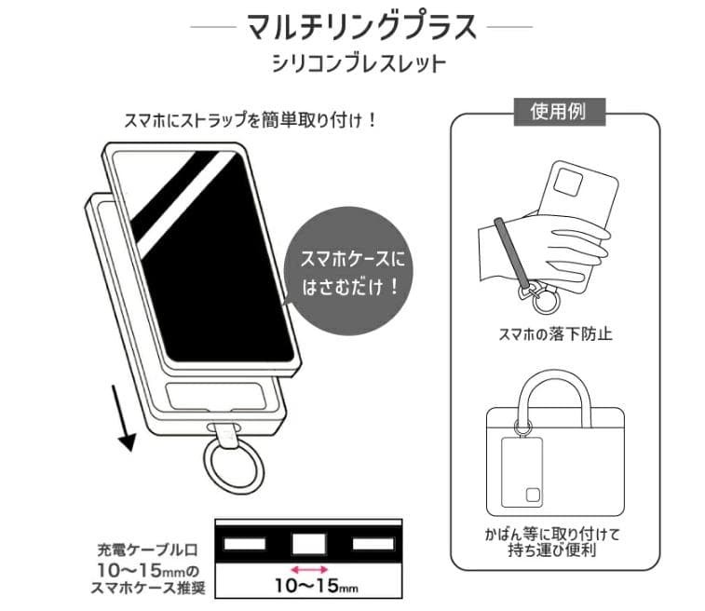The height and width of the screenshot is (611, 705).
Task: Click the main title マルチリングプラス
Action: (361, 26)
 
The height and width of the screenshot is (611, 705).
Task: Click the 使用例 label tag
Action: (557, 113)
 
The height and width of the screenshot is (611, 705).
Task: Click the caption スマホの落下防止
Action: (557, 333)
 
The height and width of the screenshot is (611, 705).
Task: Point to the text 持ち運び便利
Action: (557, 551)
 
